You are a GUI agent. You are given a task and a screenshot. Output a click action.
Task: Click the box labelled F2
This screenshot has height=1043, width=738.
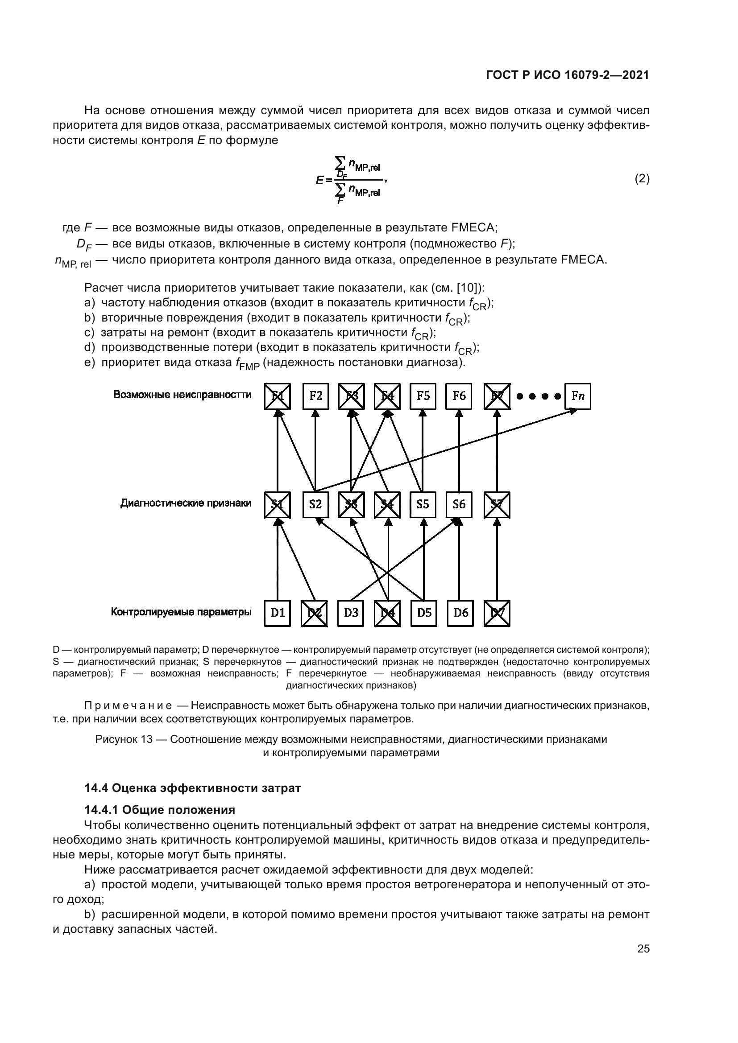coord(315,396)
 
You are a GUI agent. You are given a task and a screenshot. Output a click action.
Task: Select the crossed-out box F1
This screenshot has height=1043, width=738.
coord(277,396)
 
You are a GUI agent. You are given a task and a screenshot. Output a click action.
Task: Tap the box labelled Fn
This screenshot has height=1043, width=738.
coord(577,396)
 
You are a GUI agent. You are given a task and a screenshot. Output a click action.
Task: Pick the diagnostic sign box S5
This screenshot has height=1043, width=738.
coord(423,505)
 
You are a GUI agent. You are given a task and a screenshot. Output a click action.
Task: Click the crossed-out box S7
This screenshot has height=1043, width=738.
coord(497,505)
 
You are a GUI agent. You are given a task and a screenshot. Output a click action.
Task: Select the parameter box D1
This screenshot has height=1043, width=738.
coord(277,613)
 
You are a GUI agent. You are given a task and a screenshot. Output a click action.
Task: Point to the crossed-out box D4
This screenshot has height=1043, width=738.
coord(388,613)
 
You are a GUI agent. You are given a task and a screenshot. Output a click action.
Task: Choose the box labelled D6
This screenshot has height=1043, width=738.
coord(460,613)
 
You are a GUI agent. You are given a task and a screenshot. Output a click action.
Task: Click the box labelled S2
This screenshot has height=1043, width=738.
coord(315,505)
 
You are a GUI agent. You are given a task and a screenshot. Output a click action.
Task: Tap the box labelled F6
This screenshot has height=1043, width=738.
coord(459,396)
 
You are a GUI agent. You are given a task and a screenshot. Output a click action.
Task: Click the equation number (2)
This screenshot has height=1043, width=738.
coord(642,178)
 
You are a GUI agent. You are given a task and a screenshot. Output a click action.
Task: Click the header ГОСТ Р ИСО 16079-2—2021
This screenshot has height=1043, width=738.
coord(567,75)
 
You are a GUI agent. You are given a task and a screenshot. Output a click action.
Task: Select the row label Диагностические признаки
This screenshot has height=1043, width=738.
coord(186,503)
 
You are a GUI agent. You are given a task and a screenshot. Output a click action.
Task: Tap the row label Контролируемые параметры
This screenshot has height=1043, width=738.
coord(181,612)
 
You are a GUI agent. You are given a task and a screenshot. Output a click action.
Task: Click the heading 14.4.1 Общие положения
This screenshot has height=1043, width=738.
coord(159,809)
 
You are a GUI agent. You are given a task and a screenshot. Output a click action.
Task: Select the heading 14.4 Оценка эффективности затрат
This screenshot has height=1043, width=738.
coord(192,788)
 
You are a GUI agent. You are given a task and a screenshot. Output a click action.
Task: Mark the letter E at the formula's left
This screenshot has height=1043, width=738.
coord(319,180)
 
